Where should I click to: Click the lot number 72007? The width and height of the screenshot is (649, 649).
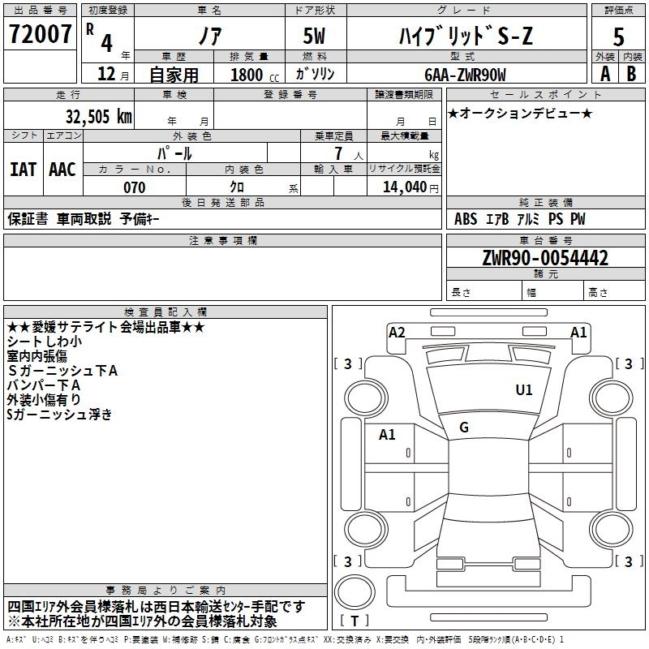40,36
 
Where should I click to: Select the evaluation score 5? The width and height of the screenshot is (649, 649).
618,37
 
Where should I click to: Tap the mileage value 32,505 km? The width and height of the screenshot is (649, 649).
98,116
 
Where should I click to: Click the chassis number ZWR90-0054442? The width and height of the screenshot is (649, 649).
545,259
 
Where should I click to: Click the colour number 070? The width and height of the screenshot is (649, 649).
134,187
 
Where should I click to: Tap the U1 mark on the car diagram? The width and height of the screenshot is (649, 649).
524,390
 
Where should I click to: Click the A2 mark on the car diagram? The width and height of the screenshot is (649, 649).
397,331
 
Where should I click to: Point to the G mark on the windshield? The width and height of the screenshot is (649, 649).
464,427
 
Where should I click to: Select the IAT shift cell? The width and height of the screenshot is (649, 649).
23,170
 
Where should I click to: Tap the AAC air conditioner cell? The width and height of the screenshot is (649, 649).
62,170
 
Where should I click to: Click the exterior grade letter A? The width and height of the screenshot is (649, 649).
604,75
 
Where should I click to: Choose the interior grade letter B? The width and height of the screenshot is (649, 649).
631,75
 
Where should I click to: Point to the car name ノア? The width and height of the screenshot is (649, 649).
208,37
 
